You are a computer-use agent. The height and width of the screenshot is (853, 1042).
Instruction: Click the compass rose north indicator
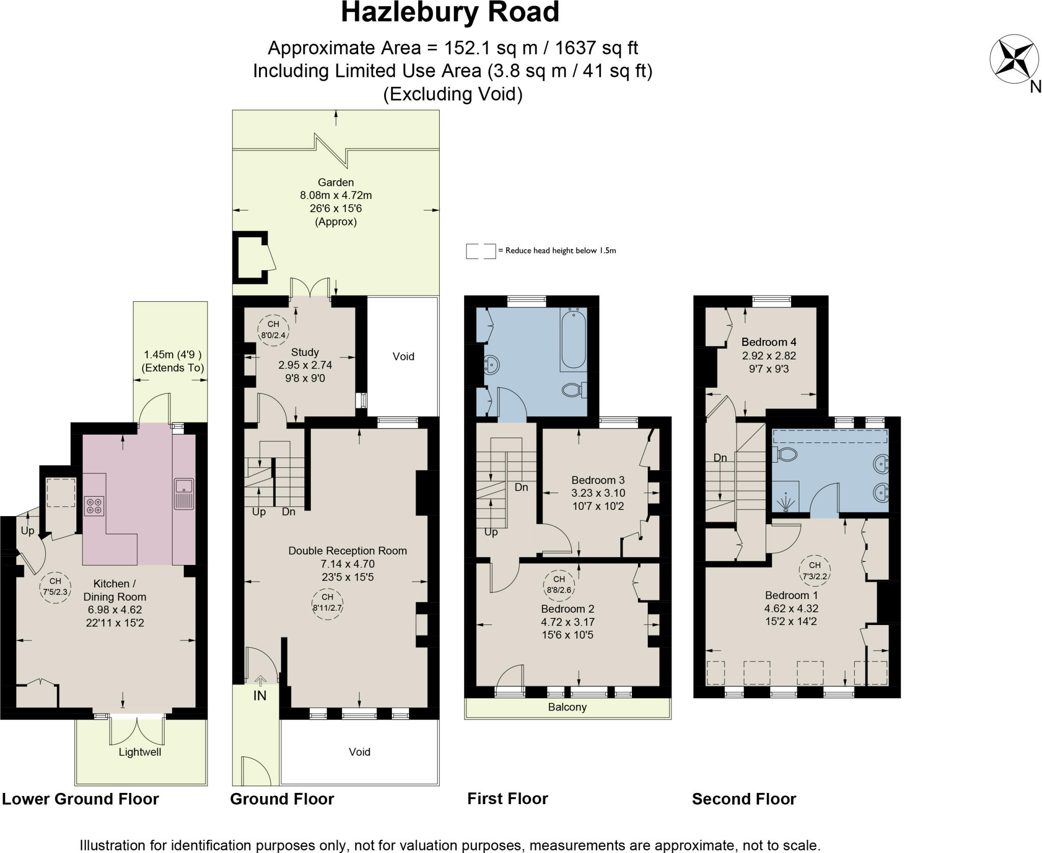tap(1014, 60)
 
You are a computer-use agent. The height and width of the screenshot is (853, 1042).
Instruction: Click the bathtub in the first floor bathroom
tap(573, 338)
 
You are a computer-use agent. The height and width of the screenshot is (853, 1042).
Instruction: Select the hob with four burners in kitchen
tap(94, 505)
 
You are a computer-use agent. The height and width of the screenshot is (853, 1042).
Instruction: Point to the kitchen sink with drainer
tap(184, 493)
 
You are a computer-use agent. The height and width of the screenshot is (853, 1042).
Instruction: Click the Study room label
tap(305, 352)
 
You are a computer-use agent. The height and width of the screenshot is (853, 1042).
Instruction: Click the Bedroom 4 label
tap(768, 342)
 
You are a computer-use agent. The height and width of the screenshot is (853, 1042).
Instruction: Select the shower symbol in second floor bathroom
tap(786, 502)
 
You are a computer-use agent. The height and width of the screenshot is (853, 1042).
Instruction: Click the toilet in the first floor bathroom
tap(573, 390)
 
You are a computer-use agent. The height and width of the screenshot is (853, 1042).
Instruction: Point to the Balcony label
tap(567, 707)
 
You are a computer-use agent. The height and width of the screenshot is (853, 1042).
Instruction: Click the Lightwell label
tap(140, 752)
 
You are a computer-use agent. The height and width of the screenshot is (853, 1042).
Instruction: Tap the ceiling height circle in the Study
tap(273, 330)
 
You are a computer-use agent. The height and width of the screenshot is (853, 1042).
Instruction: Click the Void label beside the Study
tap(403, 356)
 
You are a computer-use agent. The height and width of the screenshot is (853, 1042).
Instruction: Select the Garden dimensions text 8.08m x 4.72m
tap(336, 195)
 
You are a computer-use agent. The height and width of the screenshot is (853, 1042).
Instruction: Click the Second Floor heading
tap(743, 799)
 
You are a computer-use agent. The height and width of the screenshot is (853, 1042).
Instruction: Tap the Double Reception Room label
tap(348, 550)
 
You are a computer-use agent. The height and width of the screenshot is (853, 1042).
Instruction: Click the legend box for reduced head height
tap(480, 251)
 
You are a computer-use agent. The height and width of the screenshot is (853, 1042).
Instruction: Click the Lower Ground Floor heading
tap(80, 799)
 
